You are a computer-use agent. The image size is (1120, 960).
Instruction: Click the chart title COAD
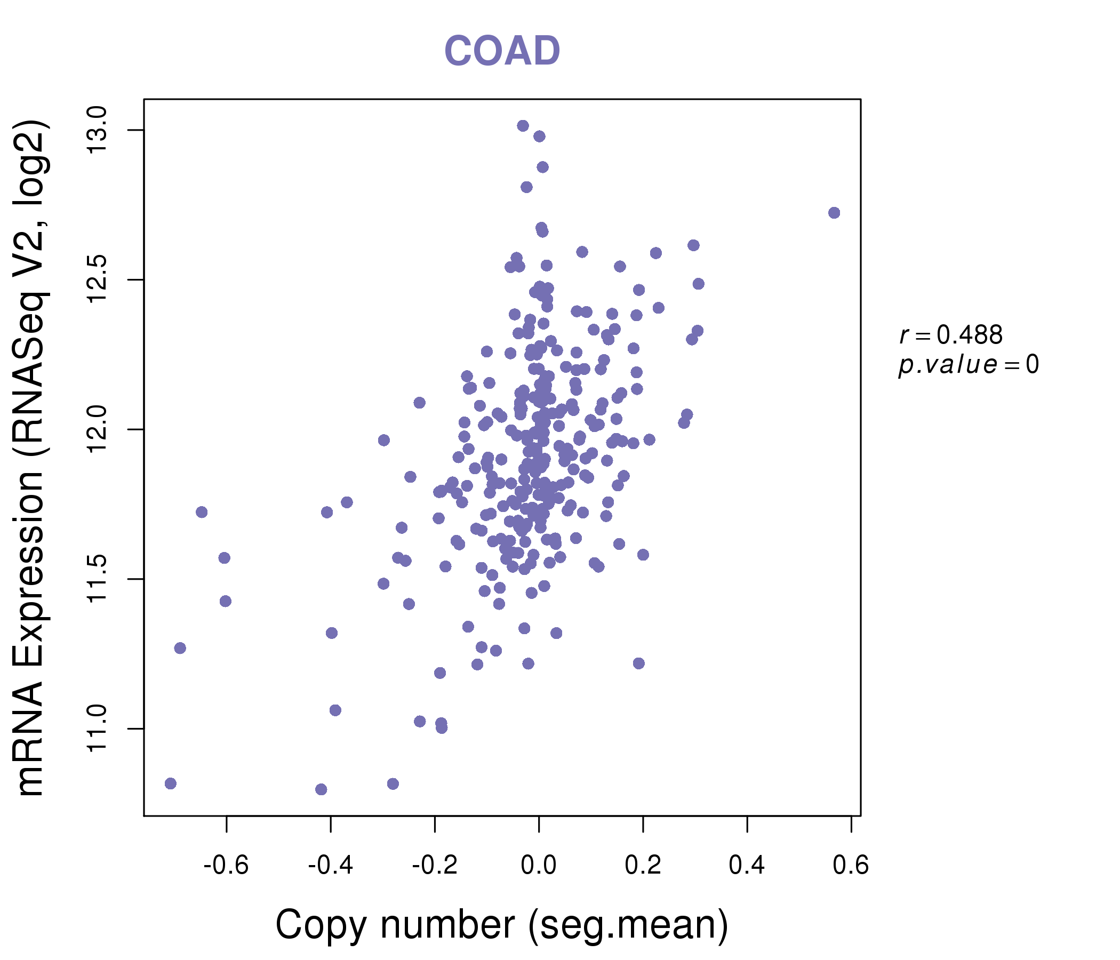point(502,51)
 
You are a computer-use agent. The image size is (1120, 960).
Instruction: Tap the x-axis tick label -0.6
point(226,866)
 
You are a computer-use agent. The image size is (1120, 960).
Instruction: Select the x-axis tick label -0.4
point(330,866)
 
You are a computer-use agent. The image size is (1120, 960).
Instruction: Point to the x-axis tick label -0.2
point(435,866)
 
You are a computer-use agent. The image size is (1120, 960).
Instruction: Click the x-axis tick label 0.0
point(538,866)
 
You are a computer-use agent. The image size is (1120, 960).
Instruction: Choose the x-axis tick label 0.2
point(643,866)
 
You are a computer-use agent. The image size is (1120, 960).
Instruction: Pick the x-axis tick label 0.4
point(747,866)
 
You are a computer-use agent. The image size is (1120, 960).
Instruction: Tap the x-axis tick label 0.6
point(851,866)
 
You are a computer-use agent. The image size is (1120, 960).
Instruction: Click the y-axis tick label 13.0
point(97,130)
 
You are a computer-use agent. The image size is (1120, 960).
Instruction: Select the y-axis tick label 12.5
point(97,280)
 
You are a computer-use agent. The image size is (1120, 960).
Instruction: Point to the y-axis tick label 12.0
point(97,430)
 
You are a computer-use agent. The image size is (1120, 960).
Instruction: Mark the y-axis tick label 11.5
point(97,579)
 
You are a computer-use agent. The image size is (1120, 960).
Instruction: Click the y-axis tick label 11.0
point(97,729)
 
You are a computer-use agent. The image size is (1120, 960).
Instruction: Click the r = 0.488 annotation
point(951,335)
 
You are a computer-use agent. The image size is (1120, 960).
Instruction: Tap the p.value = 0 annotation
point(968,365)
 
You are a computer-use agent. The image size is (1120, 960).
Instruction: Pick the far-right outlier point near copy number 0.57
point(834,213)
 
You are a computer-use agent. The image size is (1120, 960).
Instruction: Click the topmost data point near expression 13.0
point(523,126)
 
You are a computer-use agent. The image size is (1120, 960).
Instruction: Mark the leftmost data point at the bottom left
point(171,784)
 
